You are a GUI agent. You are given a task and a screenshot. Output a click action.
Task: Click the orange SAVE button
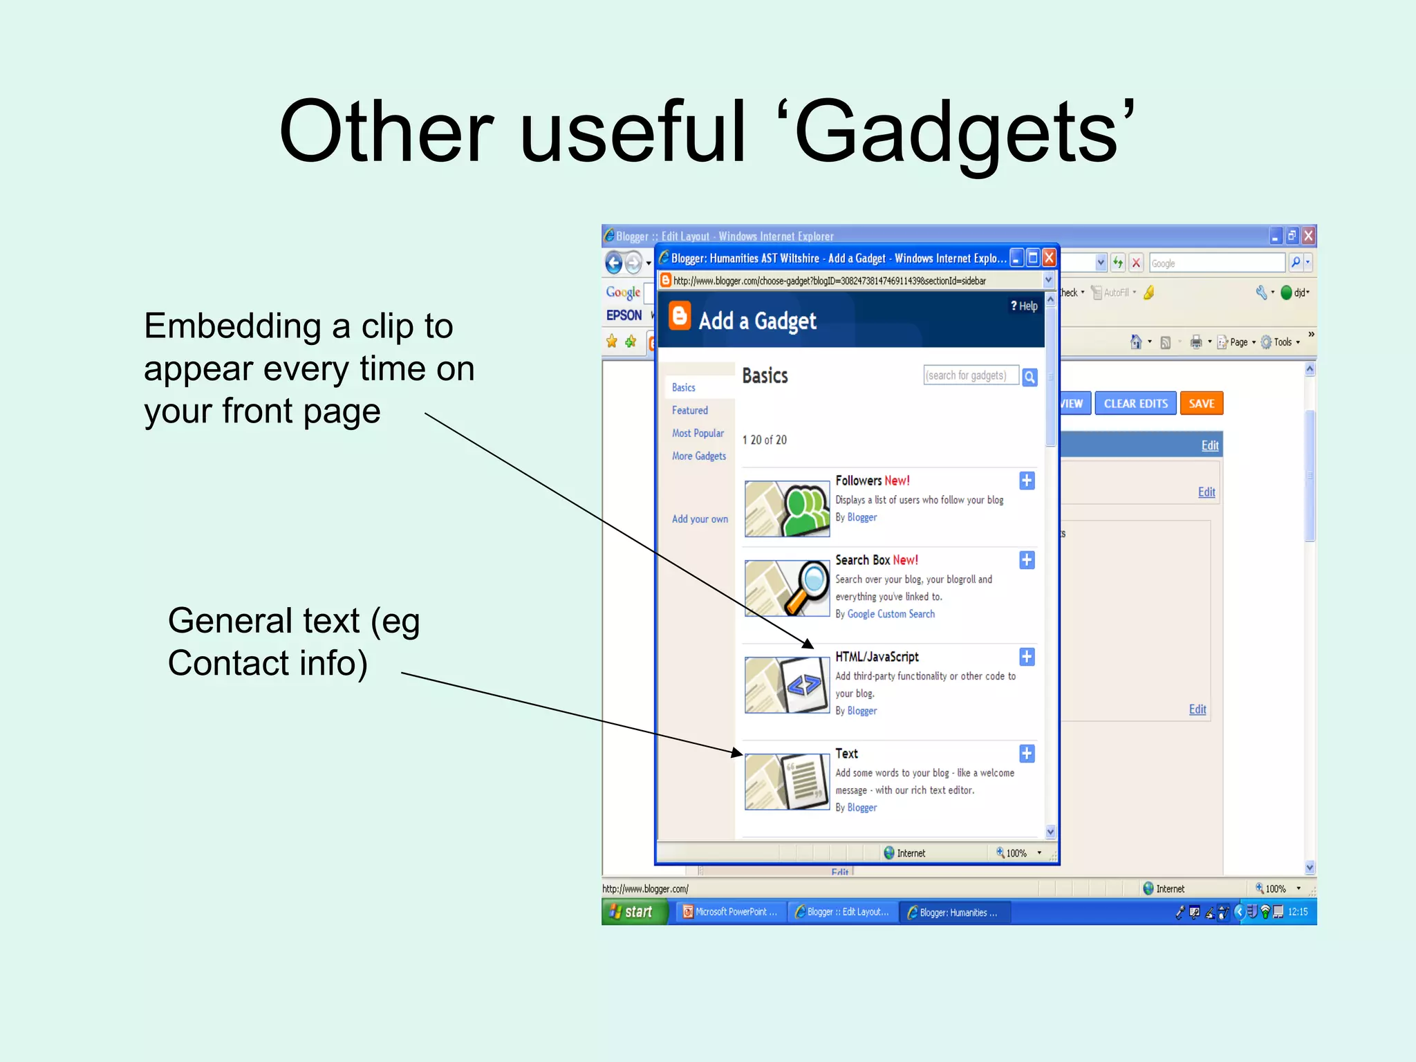coord(1201,404)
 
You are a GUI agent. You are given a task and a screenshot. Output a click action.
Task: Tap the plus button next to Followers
coord(1027,481)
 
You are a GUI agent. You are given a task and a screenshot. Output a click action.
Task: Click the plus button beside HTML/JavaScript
coord(1027,657)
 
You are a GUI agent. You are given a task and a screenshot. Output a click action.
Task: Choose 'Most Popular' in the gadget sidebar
coord(698,434)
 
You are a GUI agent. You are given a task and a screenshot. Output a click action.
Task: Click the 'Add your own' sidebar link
coord(700,519)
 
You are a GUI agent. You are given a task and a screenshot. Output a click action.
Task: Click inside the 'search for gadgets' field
coord(969,375)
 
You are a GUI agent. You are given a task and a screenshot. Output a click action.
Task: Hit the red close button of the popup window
coord(1049,258)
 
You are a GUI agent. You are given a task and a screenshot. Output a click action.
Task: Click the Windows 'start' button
coord(633,912)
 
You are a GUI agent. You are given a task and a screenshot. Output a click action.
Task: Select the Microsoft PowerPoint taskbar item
coord(731,912)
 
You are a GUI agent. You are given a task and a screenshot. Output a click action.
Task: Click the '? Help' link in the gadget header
coord(1024,306)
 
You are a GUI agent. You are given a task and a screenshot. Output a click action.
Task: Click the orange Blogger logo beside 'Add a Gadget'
coord(680,316)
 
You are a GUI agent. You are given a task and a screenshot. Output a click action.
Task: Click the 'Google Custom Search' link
coord(891,614)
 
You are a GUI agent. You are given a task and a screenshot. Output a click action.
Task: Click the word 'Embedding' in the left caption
coord(232,326)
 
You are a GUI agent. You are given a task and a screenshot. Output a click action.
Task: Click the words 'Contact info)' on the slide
coord(268,663)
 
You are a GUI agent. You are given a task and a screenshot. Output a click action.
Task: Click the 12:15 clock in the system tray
coord(1298,912)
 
